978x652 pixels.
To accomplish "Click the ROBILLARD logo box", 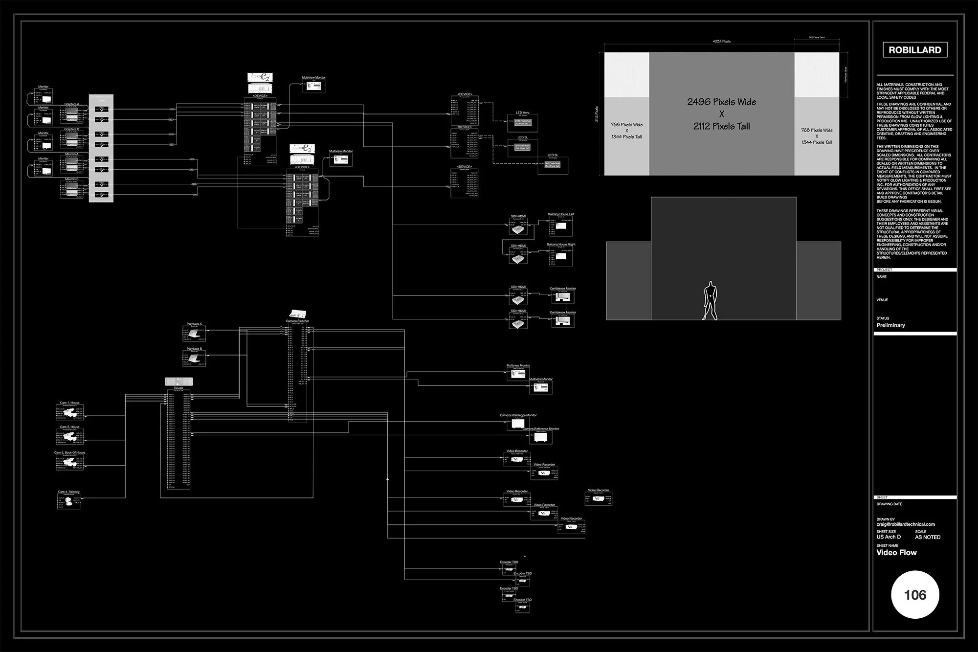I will coord(914,50).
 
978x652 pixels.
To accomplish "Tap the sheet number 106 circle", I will coord(915,595).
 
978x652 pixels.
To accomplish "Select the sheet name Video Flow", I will coord(896,553).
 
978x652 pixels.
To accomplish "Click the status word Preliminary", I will coord(890,325).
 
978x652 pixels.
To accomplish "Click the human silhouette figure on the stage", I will coord(710,301).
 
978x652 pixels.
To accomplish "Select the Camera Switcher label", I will coord(297,321).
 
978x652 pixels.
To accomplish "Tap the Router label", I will coord(178,388).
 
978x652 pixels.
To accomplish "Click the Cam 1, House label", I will coord(69,403).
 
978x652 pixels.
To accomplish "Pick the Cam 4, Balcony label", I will coord(68,492).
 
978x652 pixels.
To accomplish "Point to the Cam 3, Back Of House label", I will coord(69,453).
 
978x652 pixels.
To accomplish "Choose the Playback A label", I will coord(194,324).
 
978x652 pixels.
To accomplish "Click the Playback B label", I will coord(194,349).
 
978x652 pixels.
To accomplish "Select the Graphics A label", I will coord(71,104).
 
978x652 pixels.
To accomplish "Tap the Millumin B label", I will coord(71,180).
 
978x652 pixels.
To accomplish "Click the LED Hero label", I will coord(522,113).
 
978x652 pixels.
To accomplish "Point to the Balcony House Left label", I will coord(561,214).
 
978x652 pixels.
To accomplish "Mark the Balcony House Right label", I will coord(561,245).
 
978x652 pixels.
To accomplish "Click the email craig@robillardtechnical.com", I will coord(906,524).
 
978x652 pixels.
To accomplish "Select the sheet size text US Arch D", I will coord(889,537).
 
